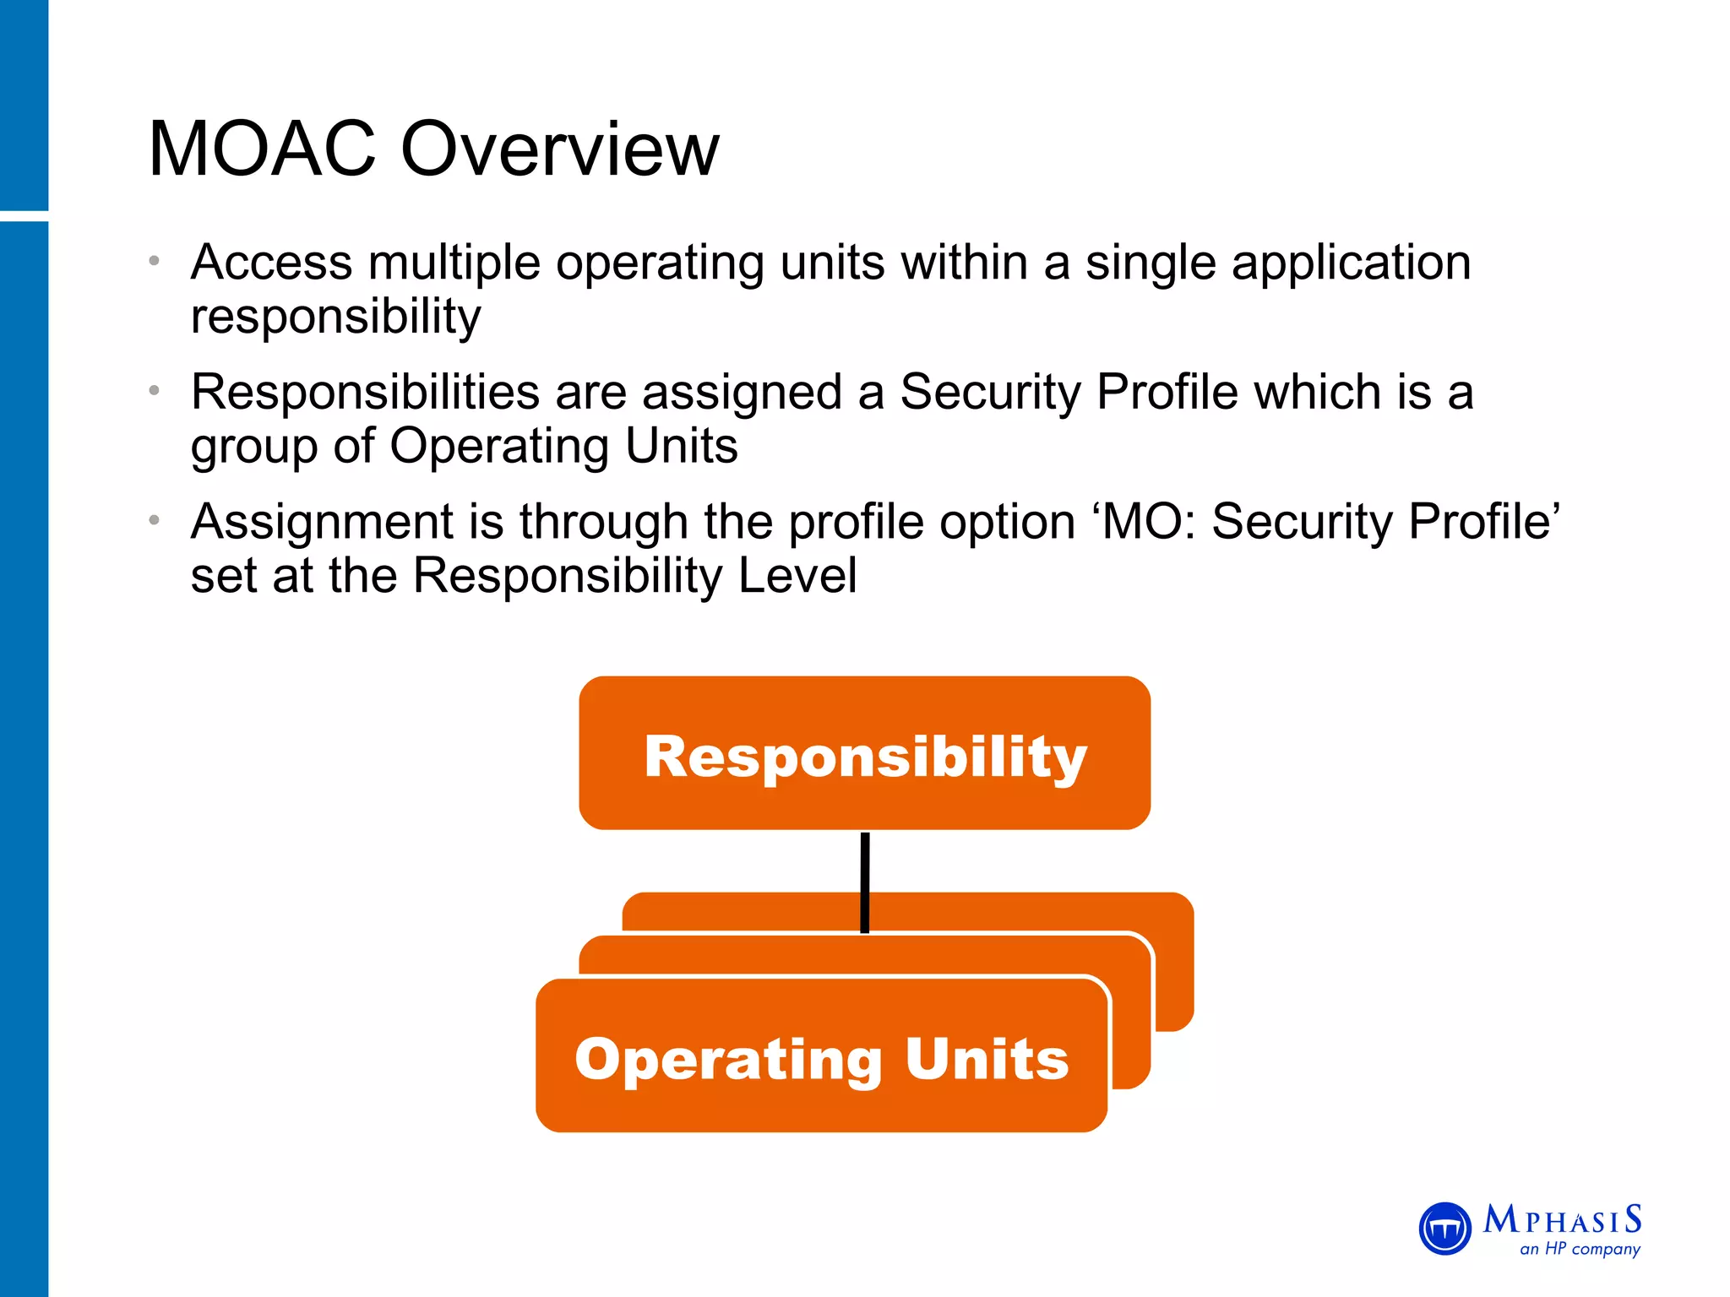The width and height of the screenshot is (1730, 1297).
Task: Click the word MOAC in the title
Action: pyautogui.click(x=262, y=149)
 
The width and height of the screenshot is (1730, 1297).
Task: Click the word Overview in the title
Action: pyautogui.click(x=559, y=149)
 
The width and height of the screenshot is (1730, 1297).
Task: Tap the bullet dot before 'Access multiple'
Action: pyautogui.click(x=154, y=261)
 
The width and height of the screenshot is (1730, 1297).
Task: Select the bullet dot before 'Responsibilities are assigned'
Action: pyautogui.click(x=154, y=391)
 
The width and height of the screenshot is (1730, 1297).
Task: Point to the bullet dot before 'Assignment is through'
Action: pyautogui.click(x=154, y=520)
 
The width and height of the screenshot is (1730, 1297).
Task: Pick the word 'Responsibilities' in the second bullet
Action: pyautogui.click(x=365, y=393)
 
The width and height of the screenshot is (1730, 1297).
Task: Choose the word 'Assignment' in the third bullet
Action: pyautogui.click(x=322, y=523)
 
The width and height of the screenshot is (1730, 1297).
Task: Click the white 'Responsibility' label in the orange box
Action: pyautogui.click(x=865, y=757)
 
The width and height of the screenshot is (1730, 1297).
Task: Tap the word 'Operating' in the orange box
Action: pyautogui.click(x=728, y=1060)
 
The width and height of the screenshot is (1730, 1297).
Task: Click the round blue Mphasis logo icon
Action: pyautogui.click(x=1444, y=1229)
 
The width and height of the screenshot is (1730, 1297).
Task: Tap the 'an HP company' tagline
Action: pyautogui.click(x=1580, y=1249)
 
